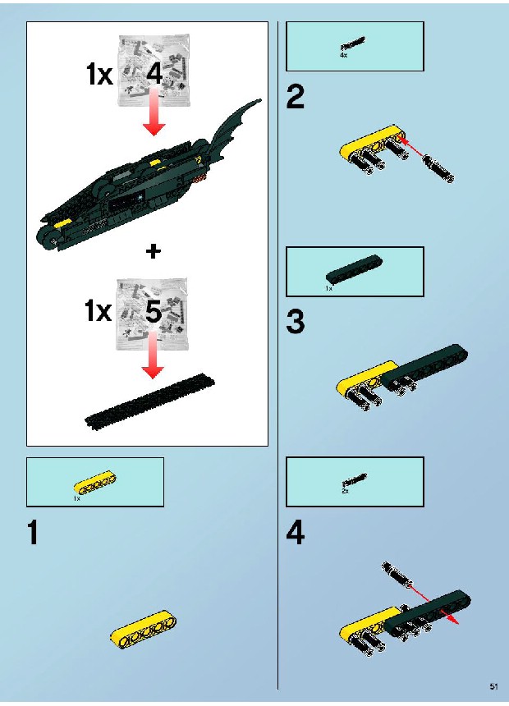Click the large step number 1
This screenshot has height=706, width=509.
pos(33,532)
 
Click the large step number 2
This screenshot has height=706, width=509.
pos(296,97)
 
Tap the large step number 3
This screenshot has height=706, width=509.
pos(296,322)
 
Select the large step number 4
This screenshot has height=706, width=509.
pos(296,532)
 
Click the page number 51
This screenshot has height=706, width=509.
pos(493,686)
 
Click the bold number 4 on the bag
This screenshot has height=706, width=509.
pos(154,73)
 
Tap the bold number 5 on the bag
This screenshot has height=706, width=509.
pos(154,312)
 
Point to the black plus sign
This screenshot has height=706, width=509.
pos(154,250)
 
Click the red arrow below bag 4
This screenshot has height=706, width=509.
pos(154,112)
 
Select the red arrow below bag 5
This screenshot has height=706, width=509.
pos(154,355)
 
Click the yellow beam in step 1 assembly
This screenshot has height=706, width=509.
pos(143,630)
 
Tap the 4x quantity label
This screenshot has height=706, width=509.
pos(343,55)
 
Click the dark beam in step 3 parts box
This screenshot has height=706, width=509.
pos(354,269)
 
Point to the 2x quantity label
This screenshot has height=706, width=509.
pos(345,491)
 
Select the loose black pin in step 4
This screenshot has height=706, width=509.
pos(397,573)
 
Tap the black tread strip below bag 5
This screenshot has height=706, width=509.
pos(149,401)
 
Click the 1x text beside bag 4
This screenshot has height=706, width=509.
pos(99,73)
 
